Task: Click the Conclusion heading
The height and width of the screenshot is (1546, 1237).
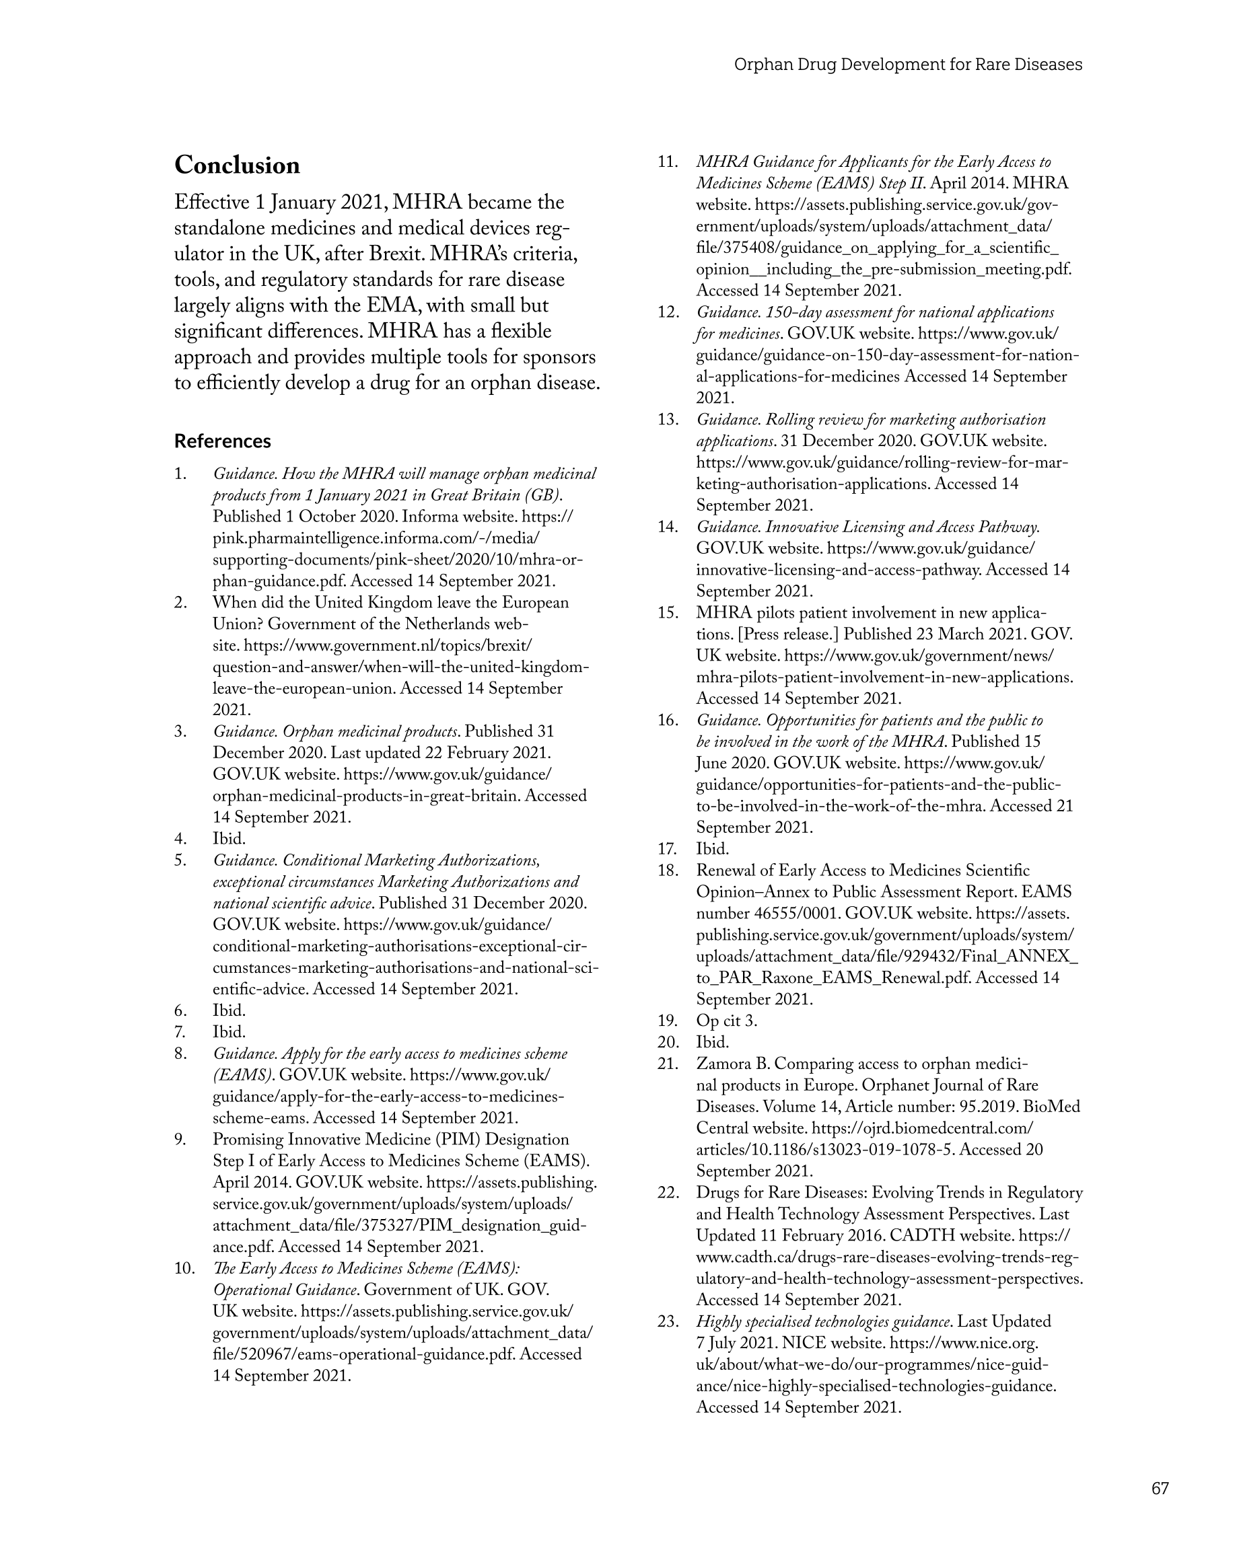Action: coord(237,165)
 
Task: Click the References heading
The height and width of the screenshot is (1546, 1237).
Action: coord(222,441)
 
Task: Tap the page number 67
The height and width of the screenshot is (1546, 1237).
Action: coord(1160,1488)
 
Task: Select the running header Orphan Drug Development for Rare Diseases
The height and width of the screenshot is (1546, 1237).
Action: coord(908,65)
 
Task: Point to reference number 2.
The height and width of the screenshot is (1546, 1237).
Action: coord(181,602)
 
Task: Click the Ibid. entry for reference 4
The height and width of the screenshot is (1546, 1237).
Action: coord(229,838)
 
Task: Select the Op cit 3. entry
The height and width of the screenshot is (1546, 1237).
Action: coord(726,1021)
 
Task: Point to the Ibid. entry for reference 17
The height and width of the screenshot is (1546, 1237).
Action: coord(713,849)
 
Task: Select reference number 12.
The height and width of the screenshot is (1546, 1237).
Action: coord(667,312)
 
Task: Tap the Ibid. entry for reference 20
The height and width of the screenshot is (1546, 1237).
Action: coord(713,1042)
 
